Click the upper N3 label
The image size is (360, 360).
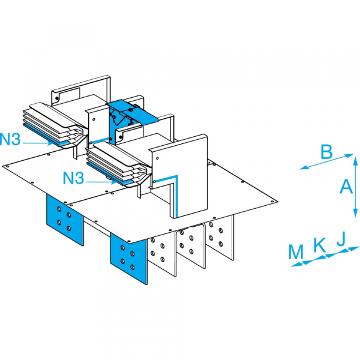tap(12, 140)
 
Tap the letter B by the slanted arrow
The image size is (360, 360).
tap(326, 151)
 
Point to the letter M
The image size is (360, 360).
tap(296, 252)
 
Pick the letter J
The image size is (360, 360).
tap(340, 239)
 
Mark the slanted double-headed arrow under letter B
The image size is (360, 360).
tap(327, 162)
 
